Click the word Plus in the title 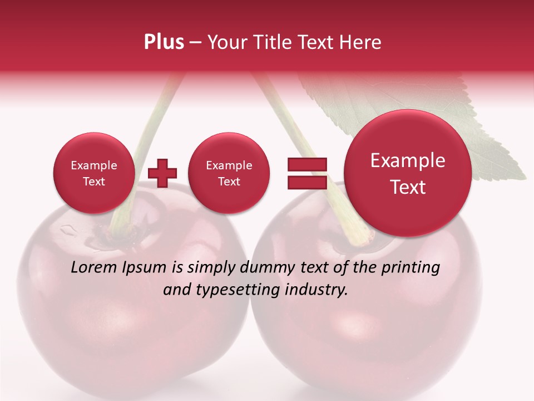(164, 42)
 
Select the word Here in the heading (360, 42)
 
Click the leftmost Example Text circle (93, 173)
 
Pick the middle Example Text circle (229, 173)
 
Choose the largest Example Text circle (408, 173)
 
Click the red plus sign (162, 173)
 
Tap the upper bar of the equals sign (307, 164)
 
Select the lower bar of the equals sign (307, 182)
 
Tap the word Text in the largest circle (408, 187)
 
